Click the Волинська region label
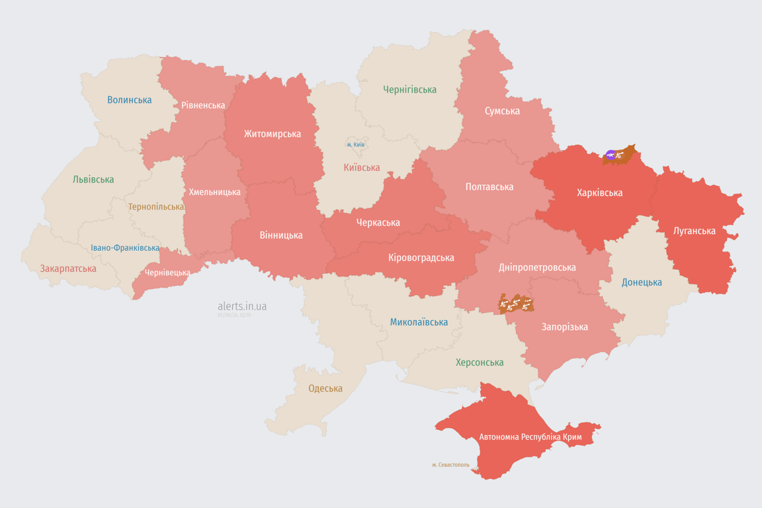click(130, 100)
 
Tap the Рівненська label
click(203, 105)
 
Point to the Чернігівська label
click(409, 89)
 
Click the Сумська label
click(502, 110)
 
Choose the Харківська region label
click(599, 192)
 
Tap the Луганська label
click(694, 231)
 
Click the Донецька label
click(642, 282)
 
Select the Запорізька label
click(564, 327)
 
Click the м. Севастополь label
click(450, 465)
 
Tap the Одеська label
click(325, 388)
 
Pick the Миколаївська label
click(419, 322)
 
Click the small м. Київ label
click(355, 145)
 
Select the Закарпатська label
click(68, 269)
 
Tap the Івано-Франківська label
click(125, 248)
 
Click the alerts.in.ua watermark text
click(242, 306)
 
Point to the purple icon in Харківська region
click(611, 155)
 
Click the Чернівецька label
click(167, 273)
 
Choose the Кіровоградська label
click(421, 257)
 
